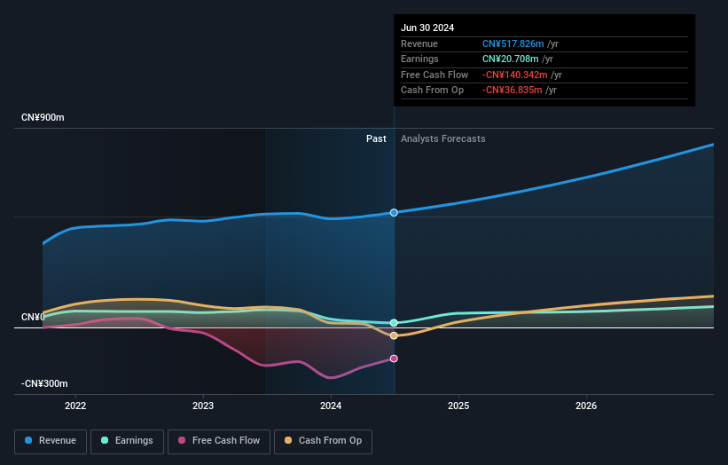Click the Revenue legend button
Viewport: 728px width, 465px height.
[x=51, y=441]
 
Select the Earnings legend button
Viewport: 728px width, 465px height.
[x=127, y=441]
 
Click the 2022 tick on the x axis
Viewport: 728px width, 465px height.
[x=76, y=406]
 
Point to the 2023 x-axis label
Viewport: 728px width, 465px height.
[x=203, y=406]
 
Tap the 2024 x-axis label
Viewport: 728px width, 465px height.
[x=331, y=406]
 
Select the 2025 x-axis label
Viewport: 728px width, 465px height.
[x=458, y=406]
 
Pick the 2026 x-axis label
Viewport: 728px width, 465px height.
[x=586, y=406]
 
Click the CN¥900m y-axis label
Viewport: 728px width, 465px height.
[x=43, y=117]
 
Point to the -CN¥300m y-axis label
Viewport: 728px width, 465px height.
[x=43, y=383]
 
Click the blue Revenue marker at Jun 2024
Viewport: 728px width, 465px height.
[x=394, y=213]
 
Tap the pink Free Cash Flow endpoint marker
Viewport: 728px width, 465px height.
[x=394, y=359]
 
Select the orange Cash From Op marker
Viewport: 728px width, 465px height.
[x=394, y=335]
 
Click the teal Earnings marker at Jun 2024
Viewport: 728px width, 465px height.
[x=394, y=323]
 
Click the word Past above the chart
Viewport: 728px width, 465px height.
[x=376, y=138]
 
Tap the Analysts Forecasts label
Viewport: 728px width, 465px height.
[x=442, y=138]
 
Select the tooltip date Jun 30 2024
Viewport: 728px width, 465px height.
[x=427, y=28]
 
